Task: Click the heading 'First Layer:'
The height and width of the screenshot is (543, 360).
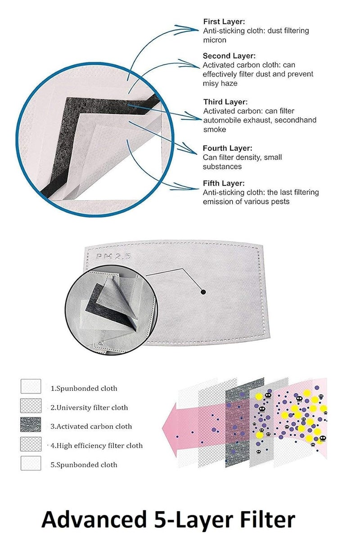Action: click(224, 22)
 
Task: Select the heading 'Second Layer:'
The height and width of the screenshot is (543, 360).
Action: click(229, 56)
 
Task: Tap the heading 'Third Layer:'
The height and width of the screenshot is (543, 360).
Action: click(225, 102)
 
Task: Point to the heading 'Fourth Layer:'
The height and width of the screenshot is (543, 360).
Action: click(227, 148)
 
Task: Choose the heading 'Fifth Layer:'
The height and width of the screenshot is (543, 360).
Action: click(224, 183)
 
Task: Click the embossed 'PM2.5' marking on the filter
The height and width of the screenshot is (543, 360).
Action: click(113, 256)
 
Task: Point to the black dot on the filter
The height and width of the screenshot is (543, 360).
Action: click(203, 292)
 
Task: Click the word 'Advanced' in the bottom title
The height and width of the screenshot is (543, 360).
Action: click(94, 520)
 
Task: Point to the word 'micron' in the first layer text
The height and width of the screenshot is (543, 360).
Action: click(215, 40)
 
